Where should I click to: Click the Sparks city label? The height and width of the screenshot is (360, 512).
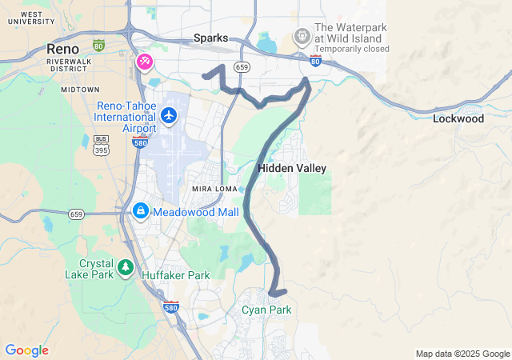click(210, 38)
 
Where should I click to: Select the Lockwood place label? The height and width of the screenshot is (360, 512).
click(458, 118)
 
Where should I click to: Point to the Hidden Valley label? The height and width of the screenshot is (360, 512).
click(292, 168)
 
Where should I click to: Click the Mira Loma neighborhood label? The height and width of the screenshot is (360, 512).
click(210, 188)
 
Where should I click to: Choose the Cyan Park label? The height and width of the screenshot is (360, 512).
click(266, 310)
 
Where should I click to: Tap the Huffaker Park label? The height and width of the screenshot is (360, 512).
click(175, 275)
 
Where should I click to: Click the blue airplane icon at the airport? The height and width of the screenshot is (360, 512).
click(168, 116)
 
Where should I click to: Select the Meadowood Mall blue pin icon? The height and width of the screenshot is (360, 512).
click(140, 211)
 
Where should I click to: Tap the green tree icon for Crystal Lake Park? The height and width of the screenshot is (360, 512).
click(126, 267)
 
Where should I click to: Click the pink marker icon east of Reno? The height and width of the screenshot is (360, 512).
click(145, 62)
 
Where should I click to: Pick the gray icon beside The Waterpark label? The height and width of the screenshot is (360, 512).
click(302, 35)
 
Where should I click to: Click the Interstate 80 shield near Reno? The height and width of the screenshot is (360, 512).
click(98, 46)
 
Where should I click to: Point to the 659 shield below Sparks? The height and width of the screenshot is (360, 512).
click(242, 67)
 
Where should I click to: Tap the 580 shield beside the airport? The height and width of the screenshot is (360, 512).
click(138, 142)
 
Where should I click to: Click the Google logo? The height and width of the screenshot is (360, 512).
click(26, 350)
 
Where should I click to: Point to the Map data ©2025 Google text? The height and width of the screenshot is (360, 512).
click(462, 354)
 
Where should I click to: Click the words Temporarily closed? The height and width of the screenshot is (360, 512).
click(352, 48)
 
